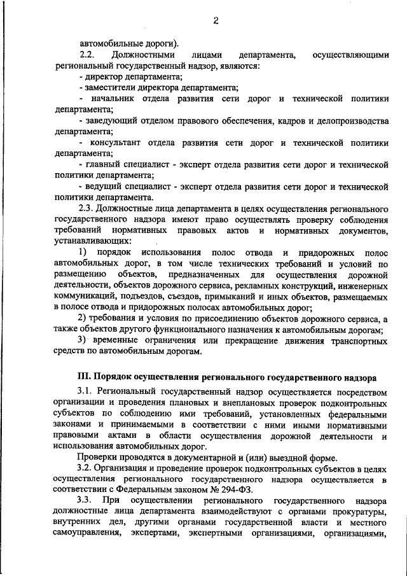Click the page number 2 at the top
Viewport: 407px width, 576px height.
coord(216,20)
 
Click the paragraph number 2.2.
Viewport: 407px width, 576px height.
coord(86,55)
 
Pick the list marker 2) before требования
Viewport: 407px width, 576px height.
coord(82,318)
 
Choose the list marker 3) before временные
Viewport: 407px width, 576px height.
coord(82,341)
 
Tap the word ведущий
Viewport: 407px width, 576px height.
coord(105,186)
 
